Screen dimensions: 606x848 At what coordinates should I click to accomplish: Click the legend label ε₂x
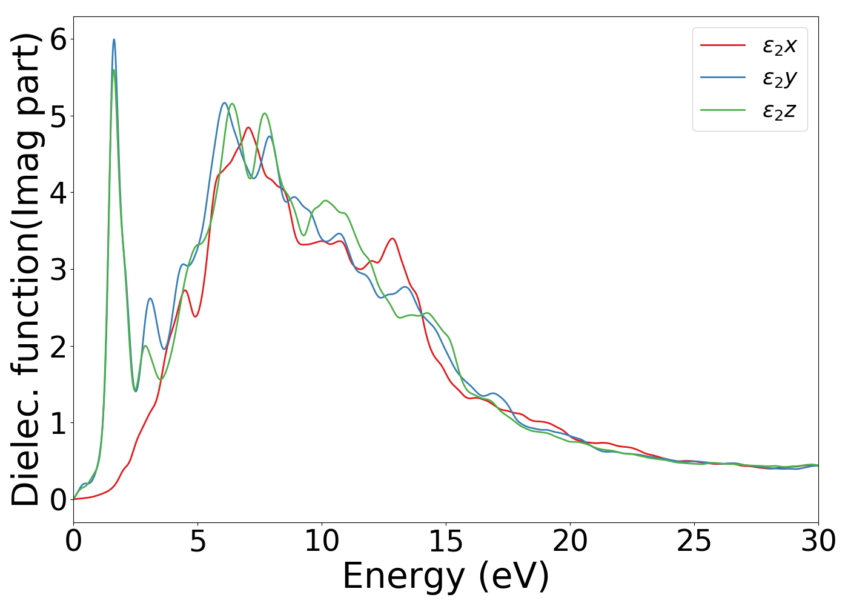[x=779, y=45]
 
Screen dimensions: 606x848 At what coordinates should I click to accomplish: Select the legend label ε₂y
[x=779, y=78]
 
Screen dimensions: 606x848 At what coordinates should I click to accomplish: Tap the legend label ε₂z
[x=779, y=110]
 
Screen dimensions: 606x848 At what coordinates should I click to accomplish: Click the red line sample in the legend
[x=723, y=45]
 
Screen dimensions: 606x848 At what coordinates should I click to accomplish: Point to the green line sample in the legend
[x=723, y=110]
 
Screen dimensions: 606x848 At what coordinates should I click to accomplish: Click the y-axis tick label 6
[x=58, y=39]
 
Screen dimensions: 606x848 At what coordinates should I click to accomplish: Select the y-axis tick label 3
[x=58, y=270]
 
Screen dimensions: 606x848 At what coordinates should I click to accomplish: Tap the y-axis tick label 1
[x=58, y=423]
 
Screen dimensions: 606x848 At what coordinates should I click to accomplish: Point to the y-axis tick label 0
[x=58, y=500]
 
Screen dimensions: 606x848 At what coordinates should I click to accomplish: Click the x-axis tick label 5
[x=197, y=541]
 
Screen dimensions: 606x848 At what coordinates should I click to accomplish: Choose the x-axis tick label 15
[x=446, y=541]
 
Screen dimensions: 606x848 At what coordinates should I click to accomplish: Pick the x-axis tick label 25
[x=694, y=541]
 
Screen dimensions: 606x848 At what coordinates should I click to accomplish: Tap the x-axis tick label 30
[x=818, y=541]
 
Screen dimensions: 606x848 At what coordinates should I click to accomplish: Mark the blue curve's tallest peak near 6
[x=114, y=40]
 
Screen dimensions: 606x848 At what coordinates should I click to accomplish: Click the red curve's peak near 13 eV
[x=393, y=239]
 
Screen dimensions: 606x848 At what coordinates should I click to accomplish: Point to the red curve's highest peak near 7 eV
[x=248, y=127]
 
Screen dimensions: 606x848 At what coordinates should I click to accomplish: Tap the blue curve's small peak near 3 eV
[x=150, y=298]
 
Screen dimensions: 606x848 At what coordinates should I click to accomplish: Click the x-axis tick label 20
[x=570, y=541]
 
